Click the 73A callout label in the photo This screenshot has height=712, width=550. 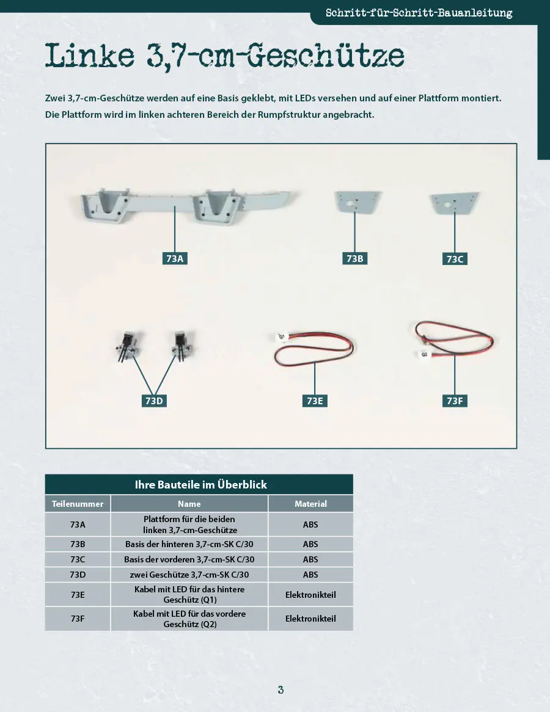tap(175, 258)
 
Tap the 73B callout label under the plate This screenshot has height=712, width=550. tap(354, 258)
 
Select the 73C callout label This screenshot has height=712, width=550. tap(455, 259)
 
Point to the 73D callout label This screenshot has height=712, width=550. tap(154, 401)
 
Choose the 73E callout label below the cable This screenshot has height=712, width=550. tap(315, 401)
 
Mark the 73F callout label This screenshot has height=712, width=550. tap(455, 401)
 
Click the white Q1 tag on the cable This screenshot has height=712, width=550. tap(281, 337)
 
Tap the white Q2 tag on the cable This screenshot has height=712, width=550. tap(424, 354)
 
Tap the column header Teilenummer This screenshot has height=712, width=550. tap(78, 504)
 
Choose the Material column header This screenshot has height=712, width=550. tap(310, 504)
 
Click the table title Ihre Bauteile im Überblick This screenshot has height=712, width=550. tap(200, 484)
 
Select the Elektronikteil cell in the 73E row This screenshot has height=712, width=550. tap(310, 594)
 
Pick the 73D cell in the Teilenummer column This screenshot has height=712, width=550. tap(78, 575)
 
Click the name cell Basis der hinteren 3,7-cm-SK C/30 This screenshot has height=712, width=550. tap(189, 544)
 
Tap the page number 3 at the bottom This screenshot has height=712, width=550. tap(280, 690)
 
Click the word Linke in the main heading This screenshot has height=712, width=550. tap(90, 56)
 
